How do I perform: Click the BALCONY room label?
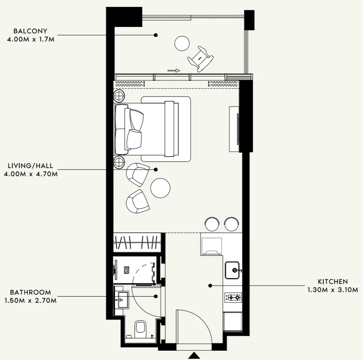(30, 31)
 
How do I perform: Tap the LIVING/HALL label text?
(31, 166)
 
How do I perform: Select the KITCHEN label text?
(333, 282)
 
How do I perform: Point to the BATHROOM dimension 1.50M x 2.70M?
(31, 300)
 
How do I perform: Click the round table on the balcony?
(182, 43)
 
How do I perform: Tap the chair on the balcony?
(200, 58)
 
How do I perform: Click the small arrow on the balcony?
(174, 70)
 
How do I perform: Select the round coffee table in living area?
(160, 188)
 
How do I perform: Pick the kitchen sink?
(232, 270)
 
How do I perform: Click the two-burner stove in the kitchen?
(233, 297)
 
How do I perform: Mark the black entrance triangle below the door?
(194, 356)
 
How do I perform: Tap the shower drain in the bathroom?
(126, 270)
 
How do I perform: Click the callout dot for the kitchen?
(210, 286)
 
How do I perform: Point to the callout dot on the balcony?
(156, 35)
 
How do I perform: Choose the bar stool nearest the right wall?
(232, 224)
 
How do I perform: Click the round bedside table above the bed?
(119, 95)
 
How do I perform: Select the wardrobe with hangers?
(137, 242)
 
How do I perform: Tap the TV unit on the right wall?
(234, 129)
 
